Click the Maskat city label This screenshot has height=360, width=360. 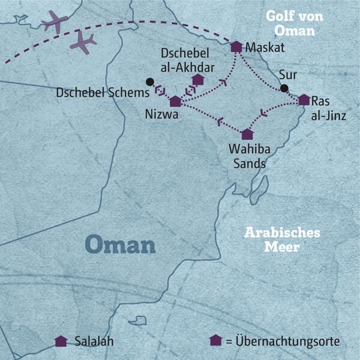[263, 46]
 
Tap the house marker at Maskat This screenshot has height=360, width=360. [236, 46]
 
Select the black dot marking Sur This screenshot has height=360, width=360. [284, 89]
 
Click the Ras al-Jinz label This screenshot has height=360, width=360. [328, 108]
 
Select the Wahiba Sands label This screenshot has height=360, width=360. [248, 155]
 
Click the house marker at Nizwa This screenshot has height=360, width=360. [175, 101]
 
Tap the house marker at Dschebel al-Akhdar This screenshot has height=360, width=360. [197, 79]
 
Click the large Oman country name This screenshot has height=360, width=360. [119, 244]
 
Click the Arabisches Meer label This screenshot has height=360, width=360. [282, 239]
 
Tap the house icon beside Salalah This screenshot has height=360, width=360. [60, 341]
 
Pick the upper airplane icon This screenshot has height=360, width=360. [55, 23]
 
